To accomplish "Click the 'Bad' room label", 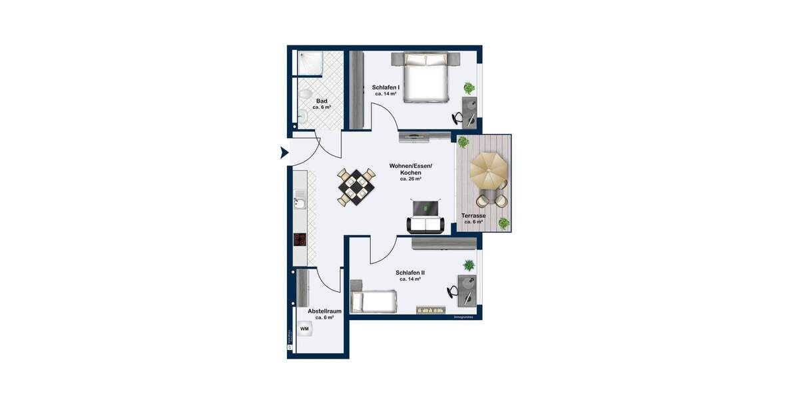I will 322,101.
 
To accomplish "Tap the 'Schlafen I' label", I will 386,87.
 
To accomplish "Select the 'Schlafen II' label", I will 409,273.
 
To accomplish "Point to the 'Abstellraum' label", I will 324,311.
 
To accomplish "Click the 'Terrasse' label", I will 473,216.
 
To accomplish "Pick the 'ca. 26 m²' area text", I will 410,179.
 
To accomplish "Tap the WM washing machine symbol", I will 304,329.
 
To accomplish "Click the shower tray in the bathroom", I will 310,65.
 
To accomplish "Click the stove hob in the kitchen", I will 300,240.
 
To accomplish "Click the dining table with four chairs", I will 355,187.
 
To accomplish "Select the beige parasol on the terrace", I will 489,171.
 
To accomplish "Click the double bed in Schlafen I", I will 425,78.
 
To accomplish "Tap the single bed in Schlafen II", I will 373,301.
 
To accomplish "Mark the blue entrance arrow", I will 284,153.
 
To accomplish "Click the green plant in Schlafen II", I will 469,265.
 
